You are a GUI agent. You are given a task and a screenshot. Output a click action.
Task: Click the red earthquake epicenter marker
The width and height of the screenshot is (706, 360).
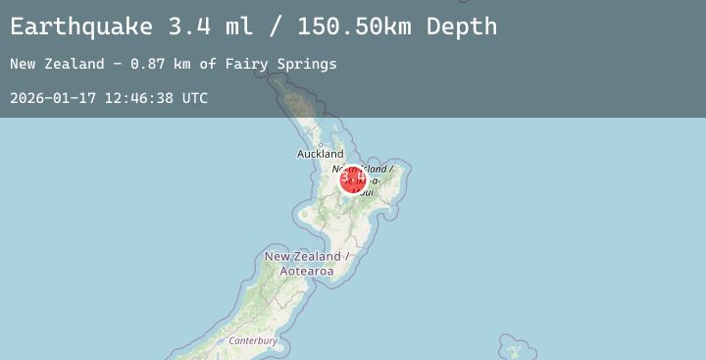pyautogui.click(x=353, y=180)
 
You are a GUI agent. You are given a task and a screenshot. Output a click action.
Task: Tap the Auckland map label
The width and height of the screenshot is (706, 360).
pyautogui.click(x=321, y=154)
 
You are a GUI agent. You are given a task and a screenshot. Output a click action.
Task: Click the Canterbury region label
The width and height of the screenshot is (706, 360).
pyautogui.click(x=253, y=341)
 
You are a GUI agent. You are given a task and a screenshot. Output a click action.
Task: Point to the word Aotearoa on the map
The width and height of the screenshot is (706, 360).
pyautogui.click(x=307, y=271)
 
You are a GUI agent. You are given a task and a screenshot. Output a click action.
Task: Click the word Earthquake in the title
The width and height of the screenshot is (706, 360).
pyautogui.click(x=82, y=26)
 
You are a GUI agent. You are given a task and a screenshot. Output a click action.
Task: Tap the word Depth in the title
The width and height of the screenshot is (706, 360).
pyautogui.click(x=462, y=26)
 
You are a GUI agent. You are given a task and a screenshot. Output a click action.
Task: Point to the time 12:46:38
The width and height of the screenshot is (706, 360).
pyautogui.click(x=134, y=98)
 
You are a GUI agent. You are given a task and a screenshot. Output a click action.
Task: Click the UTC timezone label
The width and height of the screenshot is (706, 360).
pyautogui.click(x=193, y=98)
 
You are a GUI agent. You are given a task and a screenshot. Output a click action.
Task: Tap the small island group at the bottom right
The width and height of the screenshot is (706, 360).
pyautogui.click(x=511, y=348)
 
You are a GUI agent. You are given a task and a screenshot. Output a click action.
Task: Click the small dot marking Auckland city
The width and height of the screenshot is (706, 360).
pyautogui.click(x=320, y=144)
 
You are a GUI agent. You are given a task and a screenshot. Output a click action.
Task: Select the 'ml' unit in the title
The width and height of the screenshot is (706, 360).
pyautogui.click(x=238, y=26)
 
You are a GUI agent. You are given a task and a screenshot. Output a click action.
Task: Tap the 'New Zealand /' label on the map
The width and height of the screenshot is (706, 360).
pyautogui.click(x=307, y=257)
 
